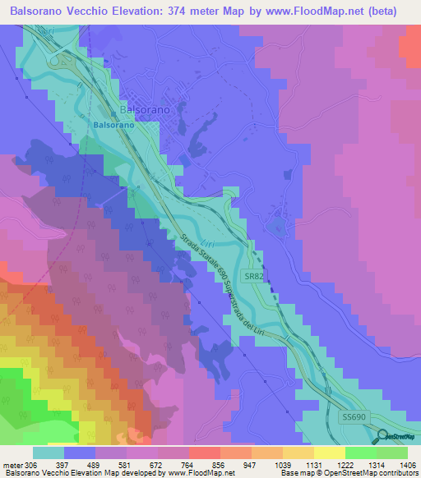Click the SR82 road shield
pyautogui.click(x=253, y=278)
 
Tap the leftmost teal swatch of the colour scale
pyautogui.click(x=49, y=453)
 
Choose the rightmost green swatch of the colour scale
pyautogui.click(x=391, y=453)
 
